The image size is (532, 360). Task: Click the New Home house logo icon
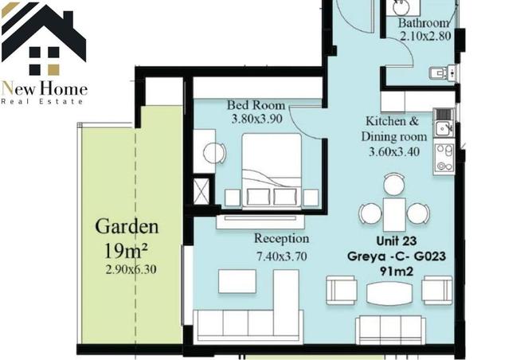(44, 39)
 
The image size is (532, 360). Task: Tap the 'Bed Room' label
(256, 105)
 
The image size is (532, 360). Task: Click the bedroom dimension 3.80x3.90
(256, 119)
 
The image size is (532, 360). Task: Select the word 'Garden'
(127, 226)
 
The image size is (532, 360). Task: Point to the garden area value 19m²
(126, 251)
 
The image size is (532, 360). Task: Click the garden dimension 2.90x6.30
(131, 269)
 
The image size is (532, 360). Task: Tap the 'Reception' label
(282, 238)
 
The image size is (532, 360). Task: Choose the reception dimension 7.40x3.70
(282, 256)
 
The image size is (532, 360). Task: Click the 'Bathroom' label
(424, 23)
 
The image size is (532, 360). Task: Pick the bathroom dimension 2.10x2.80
(425, 36)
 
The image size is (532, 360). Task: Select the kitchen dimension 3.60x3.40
(394, 151)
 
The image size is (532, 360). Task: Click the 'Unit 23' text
(397, 241)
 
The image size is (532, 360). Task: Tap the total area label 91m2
(397, 272)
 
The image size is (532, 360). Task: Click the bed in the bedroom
(272, 170)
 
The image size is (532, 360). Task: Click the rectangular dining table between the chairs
(394, 214)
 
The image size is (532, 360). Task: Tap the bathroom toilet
(442, 73)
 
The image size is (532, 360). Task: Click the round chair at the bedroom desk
(214, 153)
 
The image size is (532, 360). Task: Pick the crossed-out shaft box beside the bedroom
(201, 191)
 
